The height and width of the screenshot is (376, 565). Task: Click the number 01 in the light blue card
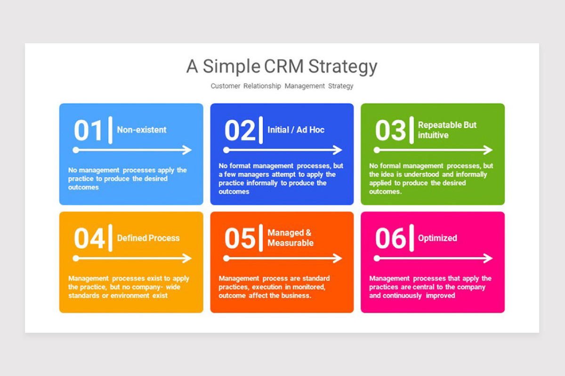click(x=88, y=131)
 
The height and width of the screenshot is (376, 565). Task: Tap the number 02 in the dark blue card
click(x=240, y=131)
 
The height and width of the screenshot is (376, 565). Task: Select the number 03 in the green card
click(x=390, y=131)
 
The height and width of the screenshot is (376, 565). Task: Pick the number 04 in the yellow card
click(x=89, y=238)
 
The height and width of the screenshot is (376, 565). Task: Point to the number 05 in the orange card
click(x=240, y=238)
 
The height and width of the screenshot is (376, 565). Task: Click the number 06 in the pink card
click(x=390, y=238)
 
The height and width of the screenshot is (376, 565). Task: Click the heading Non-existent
click(x=142, y=130)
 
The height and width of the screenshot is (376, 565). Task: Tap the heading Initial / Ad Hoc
click(x=296, y=130)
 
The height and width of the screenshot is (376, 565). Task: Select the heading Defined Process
click(x=148, y=238)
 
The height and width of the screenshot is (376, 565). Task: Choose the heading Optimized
click(x=437, y=238)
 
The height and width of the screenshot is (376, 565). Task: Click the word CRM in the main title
click(x=284, y=66)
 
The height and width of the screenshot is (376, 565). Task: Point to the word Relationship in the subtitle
click(x=262, y=86)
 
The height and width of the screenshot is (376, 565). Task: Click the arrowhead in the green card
click(x=488, y=150)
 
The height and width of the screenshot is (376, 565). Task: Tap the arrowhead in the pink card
click(x=488, y=258)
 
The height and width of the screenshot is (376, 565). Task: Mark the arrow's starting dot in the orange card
click(x=226, y=258)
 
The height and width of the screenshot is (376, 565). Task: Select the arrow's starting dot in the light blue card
click(x=76, y=150)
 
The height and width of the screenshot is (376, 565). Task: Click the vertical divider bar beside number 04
click(x=110, y=238)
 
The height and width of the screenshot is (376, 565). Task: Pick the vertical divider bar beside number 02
click(x=261, y=130)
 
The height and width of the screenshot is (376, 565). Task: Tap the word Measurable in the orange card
click(x=291, y=243)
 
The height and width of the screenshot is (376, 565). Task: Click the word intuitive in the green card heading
click(x=433, y=135)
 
